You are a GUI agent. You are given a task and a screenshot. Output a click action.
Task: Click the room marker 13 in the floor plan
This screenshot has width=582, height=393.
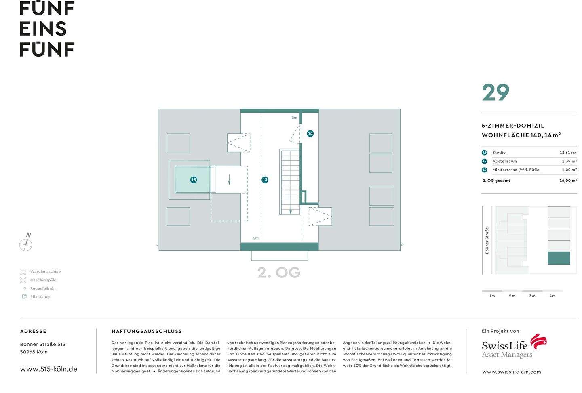(x=265, y=180)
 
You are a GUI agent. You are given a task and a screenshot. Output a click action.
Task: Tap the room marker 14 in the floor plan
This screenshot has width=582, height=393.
(x=310, y=133)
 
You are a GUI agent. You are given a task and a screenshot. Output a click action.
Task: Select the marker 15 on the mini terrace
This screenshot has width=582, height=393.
(x=194, y=180)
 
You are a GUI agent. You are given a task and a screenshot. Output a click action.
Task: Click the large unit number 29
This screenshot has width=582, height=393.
(x=496, y=93)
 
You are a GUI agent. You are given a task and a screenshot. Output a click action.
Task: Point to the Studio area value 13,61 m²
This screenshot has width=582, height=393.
(x=567, y=153)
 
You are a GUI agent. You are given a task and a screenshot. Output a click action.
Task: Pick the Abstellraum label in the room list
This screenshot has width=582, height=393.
(x=504, y=161)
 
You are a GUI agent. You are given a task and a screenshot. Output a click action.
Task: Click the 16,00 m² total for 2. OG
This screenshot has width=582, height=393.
(x=568, y=181)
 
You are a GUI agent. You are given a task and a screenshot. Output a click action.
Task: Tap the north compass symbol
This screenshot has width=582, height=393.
(x=26, y=244)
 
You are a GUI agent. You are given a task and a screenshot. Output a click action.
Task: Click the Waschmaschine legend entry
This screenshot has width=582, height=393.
(x=45, y=271)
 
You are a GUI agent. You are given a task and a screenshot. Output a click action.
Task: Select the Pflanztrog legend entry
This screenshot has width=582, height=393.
(x=40, y=297)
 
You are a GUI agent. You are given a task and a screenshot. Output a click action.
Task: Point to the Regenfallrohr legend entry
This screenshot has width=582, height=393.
(x=43, y=288)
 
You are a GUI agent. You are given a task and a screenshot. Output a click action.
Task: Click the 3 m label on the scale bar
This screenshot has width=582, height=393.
(x=532, y=296)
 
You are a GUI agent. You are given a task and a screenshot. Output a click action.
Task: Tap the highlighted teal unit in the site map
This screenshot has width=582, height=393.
(x=559, y=258)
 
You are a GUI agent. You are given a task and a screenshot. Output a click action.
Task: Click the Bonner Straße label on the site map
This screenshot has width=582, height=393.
(x=487, y=240)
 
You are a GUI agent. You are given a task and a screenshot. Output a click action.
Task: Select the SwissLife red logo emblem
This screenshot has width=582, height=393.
(x=538, y=342)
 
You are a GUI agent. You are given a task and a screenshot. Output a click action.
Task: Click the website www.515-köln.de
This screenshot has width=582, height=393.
(x=48, y=369)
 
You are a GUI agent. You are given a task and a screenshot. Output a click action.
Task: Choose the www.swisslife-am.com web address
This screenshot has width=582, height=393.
(x=511, y=372)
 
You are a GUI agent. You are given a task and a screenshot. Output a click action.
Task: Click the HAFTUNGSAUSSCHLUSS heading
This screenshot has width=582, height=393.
(x=147, y=331)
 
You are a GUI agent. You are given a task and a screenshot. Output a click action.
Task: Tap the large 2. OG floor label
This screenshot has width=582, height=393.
(x=279, y=273)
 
